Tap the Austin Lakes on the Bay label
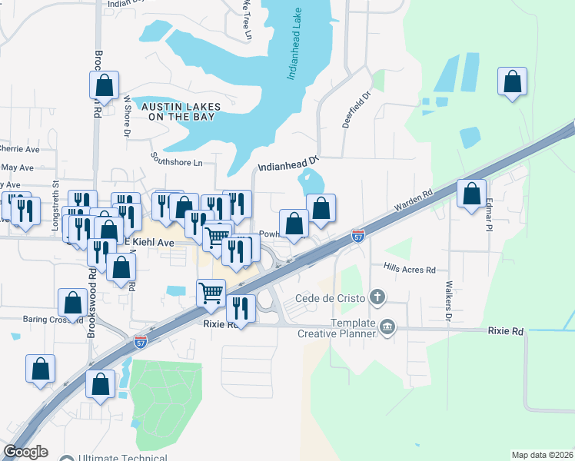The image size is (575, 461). pos(184,111)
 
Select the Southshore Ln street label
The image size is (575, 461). pos(177,163)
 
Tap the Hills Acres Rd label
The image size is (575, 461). pos(410,270)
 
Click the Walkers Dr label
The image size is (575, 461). pos(448,301)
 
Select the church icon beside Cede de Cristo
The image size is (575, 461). pos(377,297)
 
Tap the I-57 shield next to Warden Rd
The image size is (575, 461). pos(358,235)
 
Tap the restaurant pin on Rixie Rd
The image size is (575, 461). pos(241,310)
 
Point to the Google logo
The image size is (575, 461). pos(25,452)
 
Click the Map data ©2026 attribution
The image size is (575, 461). pos(542,455)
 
